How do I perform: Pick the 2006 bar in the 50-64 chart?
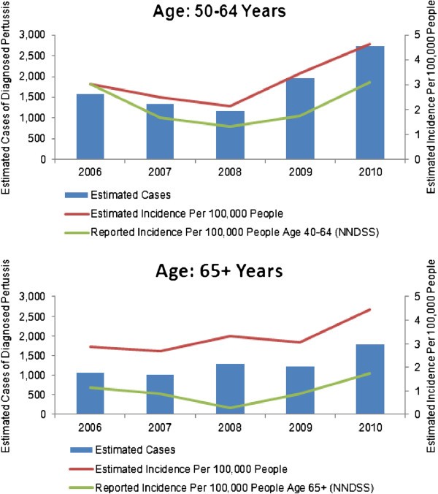[x=90, y=126]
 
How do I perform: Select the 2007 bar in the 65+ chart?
[x=160, y=394]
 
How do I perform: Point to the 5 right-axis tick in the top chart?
[x=416, y=34]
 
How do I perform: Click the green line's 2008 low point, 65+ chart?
[x=230, y=408]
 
